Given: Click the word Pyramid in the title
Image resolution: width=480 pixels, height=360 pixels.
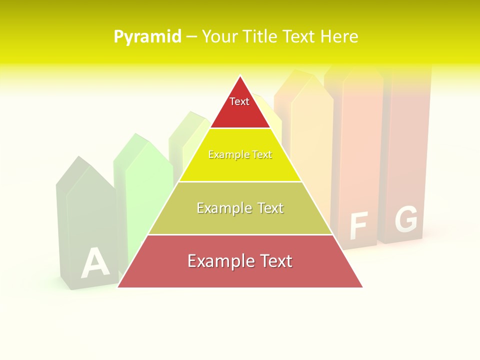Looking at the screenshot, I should tap(147, 37).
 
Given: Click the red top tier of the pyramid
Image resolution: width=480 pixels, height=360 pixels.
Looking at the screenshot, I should tap(240, 112).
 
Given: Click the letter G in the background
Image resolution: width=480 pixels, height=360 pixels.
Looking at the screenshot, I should tap(405, 219).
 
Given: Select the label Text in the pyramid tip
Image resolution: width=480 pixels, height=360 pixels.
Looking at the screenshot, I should tap(239, 101).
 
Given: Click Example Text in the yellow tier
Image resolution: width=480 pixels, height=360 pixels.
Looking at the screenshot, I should tap(240, 155).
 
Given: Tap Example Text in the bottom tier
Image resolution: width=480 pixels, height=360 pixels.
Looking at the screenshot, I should tap(240, 261).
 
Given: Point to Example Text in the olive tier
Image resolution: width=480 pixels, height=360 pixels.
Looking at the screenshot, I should tap(240, 208).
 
